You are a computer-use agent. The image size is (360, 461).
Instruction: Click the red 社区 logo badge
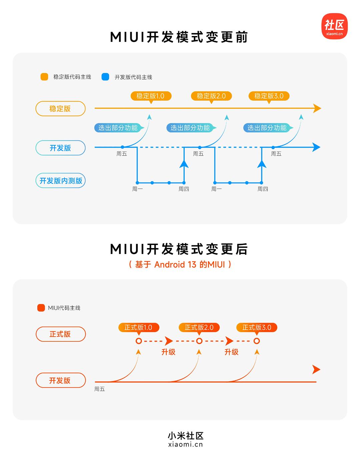(334, 26)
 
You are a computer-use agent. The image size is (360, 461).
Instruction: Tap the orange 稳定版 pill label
(60, 109)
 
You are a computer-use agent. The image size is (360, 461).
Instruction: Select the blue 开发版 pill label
(60, 148)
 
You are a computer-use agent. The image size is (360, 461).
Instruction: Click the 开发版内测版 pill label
(60, 181)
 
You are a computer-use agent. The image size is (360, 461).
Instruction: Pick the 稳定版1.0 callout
(151, 96)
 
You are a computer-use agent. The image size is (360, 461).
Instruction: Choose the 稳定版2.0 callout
(211, 96)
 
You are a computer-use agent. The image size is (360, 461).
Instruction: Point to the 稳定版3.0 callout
(269, 96)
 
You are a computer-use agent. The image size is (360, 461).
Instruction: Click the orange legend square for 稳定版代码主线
(44, 77)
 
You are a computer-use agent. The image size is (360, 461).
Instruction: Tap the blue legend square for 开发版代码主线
(105, 77)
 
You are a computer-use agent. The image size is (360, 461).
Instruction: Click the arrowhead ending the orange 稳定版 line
(317, 108)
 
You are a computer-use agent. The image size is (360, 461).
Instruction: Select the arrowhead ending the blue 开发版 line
(316, 147)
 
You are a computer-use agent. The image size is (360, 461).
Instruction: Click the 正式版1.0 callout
(138, 327)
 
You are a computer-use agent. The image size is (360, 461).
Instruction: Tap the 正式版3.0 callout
(256, 327)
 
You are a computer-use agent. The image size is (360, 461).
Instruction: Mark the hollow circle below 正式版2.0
(199, 341)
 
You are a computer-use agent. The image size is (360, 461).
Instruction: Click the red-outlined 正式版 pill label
(60, 334)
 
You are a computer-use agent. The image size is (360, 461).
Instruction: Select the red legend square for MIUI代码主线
(41, 308)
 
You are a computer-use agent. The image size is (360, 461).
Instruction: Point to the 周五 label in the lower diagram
(99, 389)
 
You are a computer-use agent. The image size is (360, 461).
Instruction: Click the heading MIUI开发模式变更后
(179, 249)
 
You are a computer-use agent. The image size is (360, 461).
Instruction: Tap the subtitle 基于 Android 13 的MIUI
(180, 265)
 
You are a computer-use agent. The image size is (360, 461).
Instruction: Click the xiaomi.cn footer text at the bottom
(186, 444)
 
